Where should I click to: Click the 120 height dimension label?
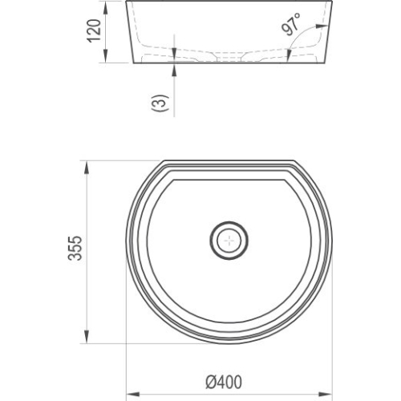click(95, 30)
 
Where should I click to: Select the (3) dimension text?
click(160, 103)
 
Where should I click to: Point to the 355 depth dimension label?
click(75, 248)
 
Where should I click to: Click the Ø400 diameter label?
click(224, 382)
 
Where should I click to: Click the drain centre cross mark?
click(229, 241)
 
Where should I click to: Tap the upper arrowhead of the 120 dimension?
click(106, 7)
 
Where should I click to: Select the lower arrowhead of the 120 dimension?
click(106, 56)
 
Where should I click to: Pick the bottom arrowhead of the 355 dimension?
click(87, 337)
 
